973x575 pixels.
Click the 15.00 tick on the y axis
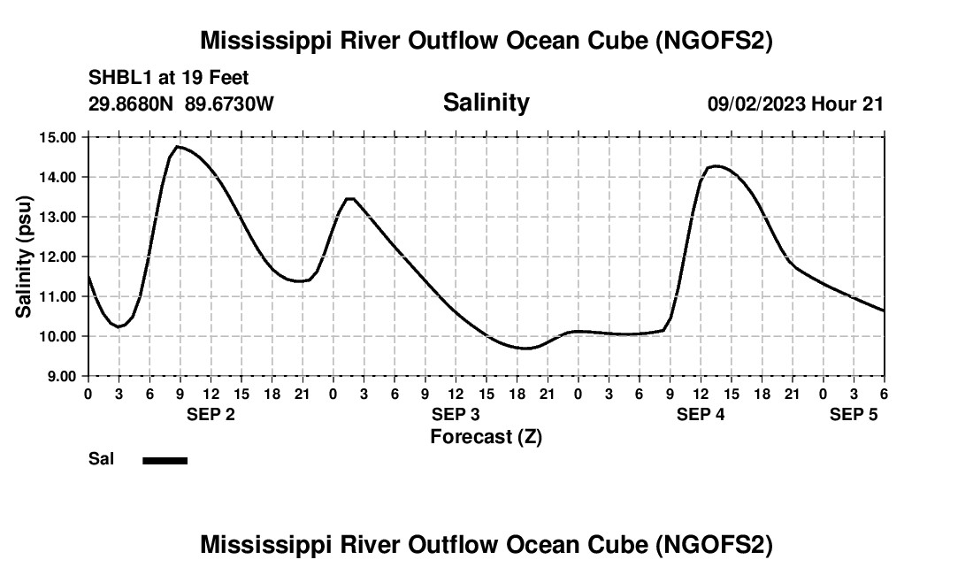pos(56,137)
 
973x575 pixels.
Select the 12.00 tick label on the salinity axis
pos(56,257)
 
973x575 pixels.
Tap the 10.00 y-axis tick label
pos(56,336)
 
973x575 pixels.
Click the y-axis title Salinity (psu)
pos(24,257)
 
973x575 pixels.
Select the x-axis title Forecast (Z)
pos(486,436)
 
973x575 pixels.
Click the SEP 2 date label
pos(211,415)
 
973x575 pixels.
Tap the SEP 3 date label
pos(456,415)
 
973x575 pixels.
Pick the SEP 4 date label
pos(701,415)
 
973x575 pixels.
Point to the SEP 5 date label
pos(854,415)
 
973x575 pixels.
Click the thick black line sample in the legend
pos(165,460)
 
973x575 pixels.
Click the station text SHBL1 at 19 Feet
pos(168,77)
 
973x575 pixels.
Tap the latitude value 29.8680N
pos(132,103)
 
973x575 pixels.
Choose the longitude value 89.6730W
pos(230,103)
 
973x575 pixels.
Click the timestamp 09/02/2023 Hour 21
pos(795,103)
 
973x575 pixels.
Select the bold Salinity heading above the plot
pos(486,103)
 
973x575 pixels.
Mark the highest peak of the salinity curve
pos(179,147)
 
